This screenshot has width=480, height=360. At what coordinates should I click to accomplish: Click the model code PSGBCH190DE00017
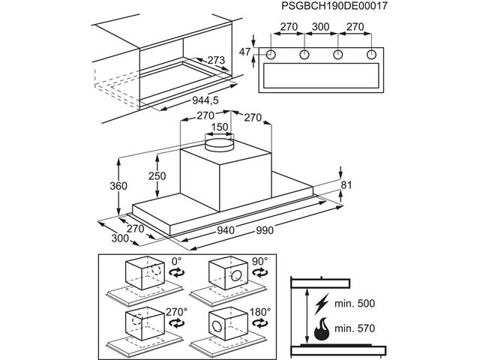tap(334, 6)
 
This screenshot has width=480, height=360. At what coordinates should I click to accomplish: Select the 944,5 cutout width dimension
tap(205, 100)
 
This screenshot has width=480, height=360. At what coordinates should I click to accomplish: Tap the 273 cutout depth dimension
tap(216, 60)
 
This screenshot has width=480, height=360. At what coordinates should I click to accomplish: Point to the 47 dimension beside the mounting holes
tap(244, 52)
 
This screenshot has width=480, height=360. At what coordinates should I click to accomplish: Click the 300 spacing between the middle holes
tap(320, 27)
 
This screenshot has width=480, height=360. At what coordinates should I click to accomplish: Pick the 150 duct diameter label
tap(220, 127)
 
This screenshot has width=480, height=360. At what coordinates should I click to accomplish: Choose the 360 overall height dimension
tap(118, 186)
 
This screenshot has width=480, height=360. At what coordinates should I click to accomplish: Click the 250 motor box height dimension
tap(157, 176)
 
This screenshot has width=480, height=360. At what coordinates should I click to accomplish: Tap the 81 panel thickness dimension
tap(346, 185)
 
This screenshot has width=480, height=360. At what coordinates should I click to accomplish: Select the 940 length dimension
tap(226, 230)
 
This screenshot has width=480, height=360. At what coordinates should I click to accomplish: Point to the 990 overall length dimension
tap(264, 230)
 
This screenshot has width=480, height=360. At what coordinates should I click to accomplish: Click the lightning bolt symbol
tap(322, 304)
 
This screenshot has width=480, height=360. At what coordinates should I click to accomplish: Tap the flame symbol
tap(322, 328)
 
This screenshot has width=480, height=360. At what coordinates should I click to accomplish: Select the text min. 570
tap(355, 328)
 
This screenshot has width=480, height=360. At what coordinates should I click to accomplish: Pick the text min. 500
tap(355, 303)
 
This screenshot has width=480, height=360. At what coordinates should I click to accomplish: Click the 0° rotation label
tap(177, 261)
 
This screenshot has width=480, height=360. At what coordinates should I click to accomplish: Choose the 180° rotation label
tap(260, 312)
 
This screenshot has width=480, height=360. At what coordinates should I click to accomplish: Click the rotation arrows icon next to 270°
tap(177, 323)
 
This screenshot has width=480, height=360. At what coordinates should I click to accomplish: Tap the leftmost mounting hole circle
tap(271, 55)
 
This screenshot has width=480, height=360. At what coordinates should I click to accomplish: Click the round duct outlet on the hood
tap(219, 145)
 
